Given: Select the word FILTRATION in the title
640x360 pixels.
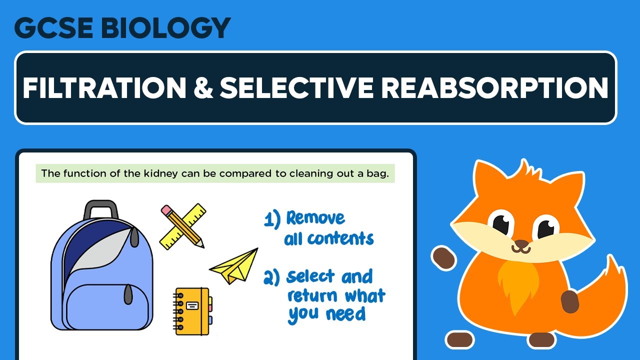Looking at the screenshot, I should point(102,88).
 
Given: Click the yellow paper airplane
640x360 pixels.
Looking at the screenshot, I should point(235,267).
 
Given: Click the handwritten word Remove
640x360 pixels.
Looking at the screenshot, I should point(315,218).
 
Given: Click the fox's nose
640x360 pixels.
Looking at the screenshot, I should point(520,245).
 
